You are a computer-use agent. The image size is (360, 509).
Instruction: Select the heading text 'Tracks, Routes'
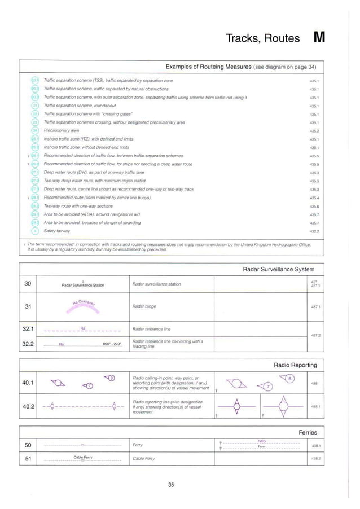coord(262,38)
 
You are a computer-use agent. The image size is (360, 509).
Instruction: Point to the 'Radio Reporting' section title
coord(295,365)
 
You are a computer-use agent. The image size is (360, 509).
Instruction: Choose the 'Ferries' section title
coord(308,432)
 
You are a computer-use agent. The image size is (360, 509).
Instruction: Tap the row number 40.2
coord(28,406)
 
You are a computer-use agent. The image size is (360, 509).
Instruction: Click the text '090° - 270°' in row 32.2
coord(110,343)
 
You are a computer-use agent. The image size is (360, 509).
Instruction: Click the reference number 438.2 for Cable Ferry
coord(315,459)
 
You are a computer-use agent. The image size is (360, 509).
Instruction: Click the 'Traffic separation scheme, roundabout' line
coord(80,106)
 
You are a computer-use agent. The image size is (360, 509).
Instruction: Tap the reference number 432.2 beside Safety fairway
coord(314,231)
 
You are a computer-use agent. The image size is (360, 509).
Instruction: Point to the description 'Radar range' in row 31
coord(144,306)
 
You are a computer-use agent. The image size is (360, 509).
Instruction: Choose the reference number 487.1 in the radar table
coord(315,307)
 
